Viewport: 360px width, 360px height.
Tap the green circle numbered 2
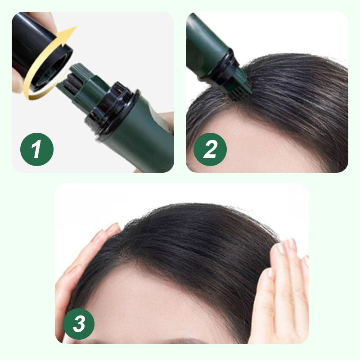tap(210, 149)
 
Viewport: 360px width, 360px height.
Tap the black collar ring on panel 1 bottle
tap(110, 108)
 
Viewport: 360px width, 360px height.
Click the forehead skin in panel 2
tap(252, 144)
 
